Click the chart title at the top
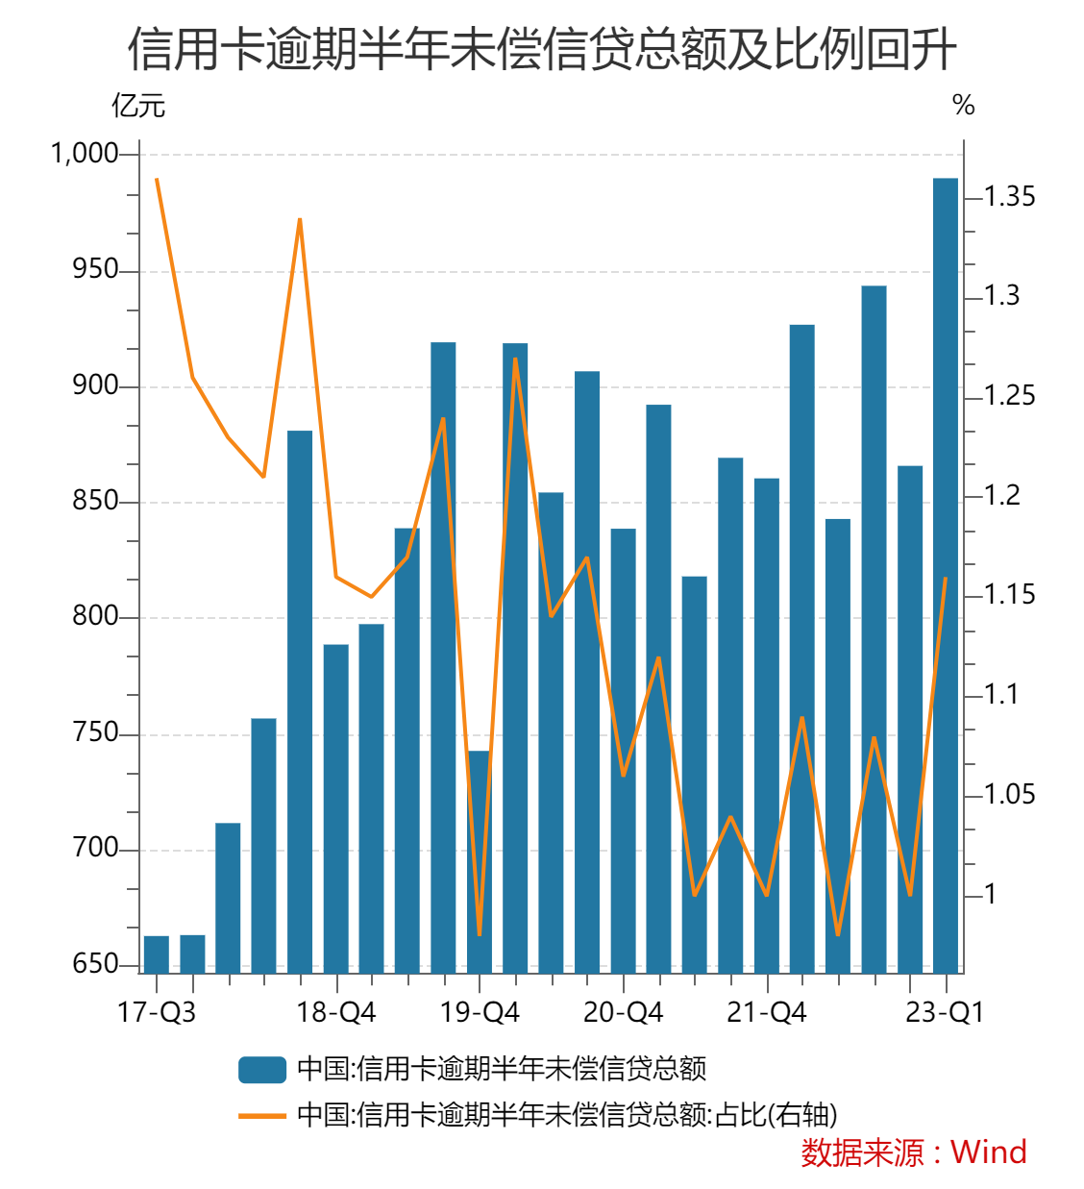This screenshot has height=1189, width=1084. coord(542,49)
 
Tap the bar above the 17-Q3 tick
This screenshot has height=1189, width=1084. coord(156,954)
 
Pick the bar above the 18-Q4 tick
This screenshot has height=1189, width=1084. coord(336,807)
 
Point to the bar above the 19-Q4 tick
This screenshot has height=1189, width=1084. coord(480,860)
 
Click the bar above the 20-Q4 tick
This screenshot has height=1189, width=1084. coord(623,750)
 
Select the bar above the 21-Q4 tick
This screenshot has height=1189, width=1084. coord(767,725)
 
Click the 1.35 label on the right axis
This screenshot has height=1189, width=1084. coord(1009,197)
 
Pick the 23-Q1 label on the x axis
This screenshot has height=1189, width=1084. coord(945,1012)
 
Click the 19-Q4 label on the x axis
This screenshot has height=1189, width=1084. coord(480,1012)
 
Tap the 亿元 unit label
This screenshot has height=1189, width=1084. coord(138,106)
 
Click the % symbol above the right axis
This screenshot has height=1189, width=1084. coord(963,106)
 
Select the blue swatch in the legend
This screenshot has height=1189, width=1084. coord(262,1069)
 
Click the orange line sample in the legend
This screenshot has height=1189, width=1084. coord(262,1116)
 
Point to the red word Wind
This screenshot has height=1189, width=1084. coord(988,1152)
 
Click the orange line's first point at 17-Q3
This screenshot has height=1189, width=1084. coord(157,180)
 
